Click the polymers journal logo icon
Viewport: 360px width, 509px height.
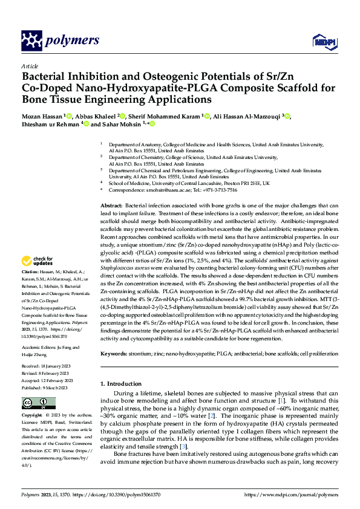(x=31, y=41)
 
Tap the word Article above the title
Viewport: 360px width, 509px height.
(x=30, y=66)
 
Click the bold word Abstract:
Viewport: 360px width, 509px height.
(x=113, y=206)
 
